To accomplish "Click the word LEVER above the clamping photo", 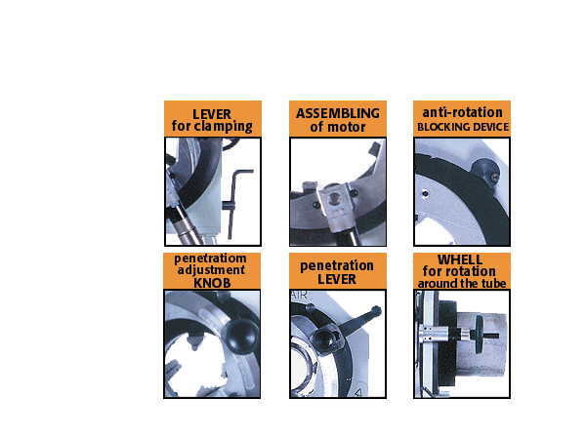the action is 212,114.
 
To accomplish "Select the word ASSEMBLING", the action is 338,113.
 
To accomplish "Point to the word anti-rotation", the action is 462,112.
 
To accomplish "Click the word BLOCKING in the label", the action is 439,127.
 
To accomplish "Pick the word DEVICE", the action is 485,127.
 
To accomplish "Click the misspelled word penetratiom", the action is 210,259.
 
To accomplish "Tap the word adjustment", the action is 211,270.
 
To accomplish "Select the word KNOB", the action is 212,283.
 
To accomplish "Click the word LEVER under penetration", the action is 337,279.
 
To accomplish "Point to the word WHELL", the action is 460,259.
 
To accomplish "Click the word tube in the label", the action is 495,283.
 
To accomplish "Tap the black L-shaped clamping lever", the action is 234,202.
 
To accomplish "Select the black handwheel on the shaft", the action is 479,335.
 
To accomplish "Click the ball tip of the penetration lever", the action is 376,310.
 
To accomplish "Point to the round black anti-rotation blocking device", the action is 485,172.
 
